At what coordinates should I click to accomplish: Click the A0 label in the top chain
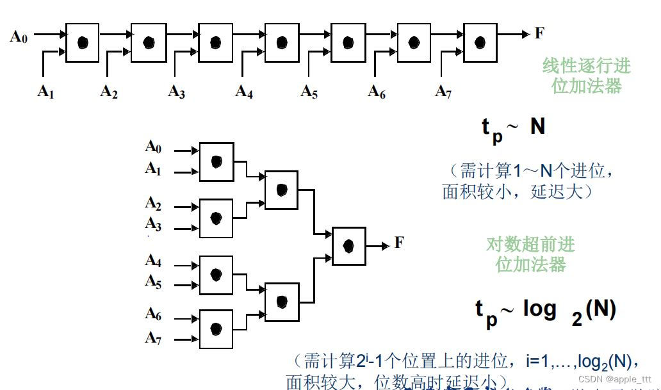click(19, 37)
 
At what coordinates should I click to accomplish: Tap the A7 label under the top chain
click(443, 92)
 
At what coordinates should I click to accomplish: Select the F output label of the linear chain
click(539, 33)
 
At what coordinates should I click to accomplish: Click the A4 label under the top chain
click(244, 92)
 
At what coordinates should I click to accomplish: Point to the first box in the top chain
click(83, 42)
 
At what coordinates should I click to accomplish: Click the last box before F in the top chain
click(480, 42)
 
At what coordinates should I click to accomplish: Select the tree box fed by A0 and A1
click(216, 161)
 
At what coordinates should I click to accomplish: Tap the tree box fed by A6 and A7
click(216, 329)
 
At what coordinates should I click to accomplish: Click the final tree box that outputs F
click(349, 246)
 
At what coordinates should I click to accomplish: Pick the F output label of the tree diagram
click(399, 243)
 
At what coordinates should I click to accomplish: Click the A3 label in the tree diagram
click(153, 223)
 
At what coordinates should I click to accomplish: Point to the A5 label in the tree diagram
click(153, 280)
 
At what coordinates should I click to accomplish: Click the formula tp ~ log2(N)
click(545, 312)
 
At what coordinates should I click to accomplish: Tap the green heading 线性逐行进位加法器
click(586, 76)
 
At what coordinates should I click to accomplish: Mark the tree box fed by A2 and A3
click(216, 218)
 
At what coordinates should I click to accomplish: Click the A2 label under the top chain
click(109, 92)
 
